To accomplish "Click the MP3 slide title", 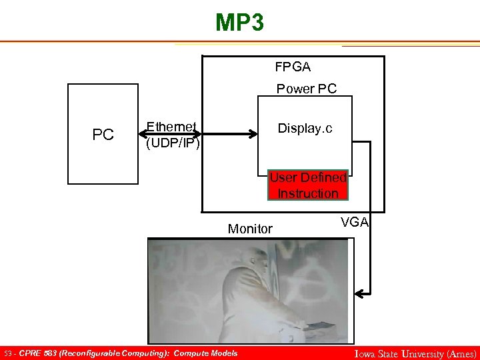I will coord(239,23).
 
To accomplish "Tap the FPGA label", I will coord(293,67).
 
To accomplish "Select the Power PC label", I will coord(307,89).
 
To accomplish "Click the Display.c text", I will coord(305,129).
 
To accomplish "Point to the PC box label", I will coord(103,135).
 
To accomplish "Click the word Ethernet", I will coord(171,127).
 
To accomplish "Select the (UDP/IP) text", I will coord(173,143).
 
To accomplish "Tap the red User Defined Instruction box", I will coord(307,185).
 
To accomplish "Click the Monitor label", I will coord(250,229).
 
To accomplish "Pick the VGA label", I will coord(355,222).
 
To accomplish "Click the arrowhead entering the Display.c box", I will coord(254,135).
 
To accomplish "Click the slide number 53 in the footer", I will coord(7,353).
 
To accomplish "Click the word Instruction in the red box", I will coord(307,193).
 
